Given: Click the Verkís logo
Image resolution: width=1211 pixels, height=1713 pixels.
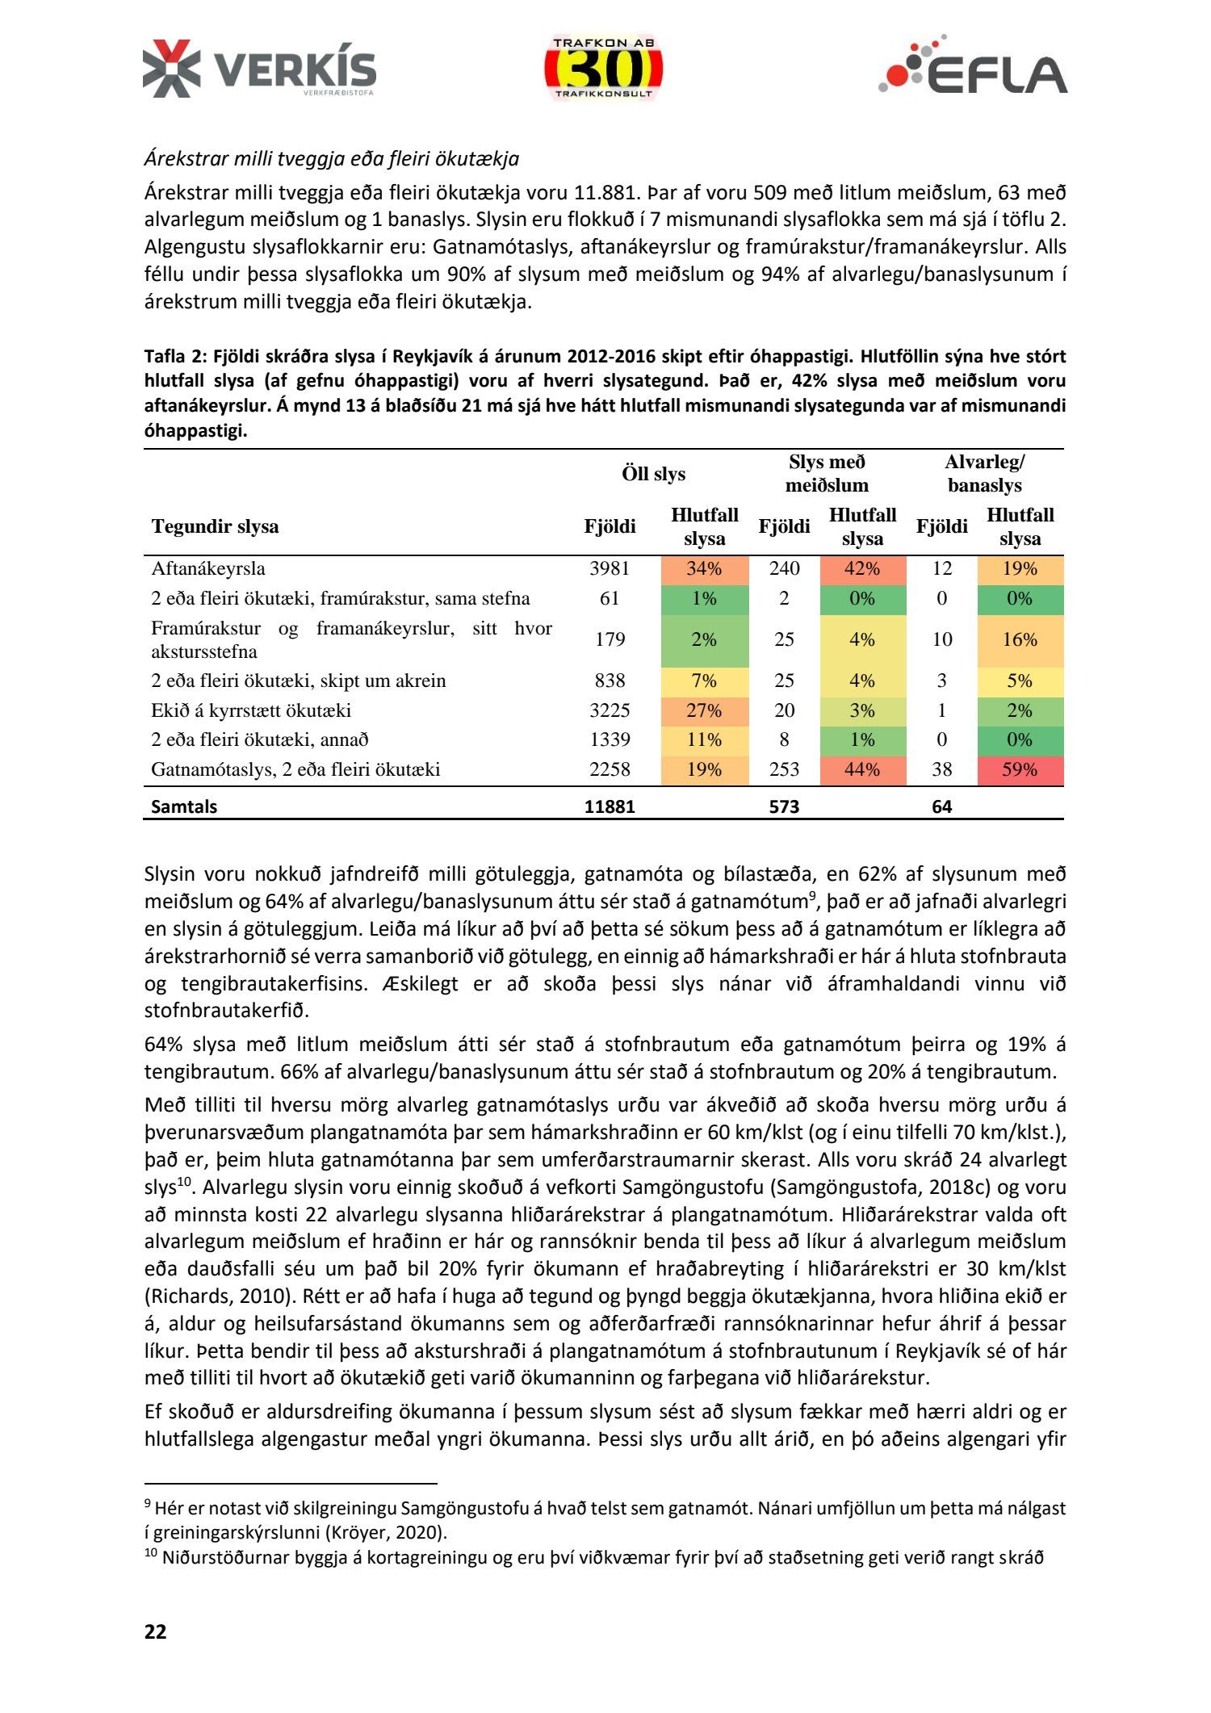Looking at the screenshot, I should [259, 69].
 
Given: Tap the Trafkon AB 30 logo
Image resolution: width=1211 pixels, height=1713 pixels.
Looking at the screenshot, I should [603, 69].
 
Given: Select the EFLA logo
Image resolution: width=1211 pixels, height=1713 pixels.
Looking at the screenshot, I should [973, 67].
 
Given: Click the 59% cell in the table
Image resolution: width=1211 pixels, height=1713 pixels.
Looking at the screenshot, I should [1020, 769].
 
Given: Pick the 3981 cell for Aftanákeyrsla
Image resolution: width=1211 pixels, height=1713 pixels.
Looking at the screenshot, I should [610, 568].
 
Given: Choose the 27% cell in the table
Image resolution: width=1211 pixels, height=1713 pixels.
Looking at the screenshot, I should [704, 710].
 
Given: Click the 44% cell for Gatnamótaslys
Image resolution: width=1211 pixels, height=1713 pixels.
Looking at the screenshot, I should [862, 769].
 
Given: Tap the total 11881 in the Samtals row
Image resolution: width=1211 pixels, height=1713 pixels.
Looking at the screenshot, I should [610, 806].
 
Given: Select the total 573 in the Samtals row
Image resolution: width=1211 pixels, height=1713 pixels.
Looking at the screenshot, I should [784, 806].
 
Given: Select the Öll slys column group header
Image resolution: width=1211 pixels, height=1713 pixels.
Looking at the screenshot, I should [653, 474].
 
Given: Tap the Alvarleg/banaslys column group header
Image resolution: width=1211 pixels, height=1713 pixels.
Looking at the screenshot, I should [984, 474].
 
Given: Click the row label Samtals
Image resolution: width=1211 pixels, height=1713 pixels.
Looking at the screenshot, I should [184, 806].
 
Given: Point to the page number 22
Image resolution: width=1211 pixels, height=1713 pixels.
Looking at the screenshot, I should [156, 1631].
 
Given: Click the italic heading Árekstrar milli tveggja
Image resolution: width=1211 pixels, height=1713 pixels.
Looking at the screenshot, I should [331, 158].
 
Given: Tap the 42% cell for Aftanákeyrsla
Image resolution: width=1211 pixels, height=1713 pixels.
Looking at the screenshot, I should [862, 568].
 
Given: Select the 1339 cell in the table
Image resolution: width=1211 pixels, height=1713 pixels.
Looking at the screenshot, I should [610, 739].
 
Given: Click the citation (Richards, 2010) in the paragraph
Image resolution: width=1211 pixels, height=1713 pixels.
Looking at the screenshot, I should [216, 1296].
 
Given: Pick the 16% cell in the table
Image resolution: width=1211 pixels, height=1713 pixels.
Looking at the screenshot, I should [1020, 639].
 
